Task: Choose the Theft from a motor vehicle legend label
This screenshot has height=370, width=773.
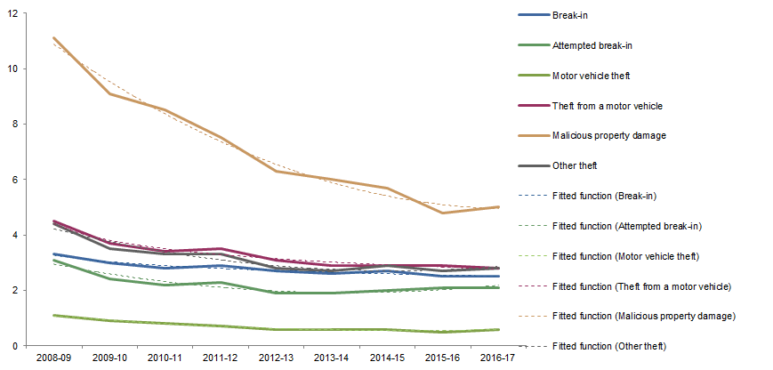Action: tap(607, 106)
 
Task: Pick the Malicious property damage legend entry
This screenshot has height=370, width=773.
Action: tap(608, 136)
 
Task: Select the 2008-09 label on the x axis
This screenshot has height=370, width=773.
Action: tap(53, 358)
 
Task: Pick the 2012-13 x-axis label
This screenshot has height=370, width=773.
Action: tap(278, 358)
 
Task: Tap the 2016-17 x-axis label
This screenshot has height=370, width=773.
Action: tap(499, 358)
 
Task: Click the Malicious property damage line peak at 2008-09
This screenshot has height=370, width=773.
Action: tap(53, 38)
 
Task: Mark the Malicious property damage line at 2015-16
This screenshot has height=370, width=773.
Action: tap(443, 213)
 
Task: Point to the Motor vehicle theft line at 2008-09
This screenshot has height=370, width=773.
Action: tap(53, 315)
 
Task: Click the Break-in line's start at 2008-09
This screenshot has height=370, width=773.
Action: tap(53, 254)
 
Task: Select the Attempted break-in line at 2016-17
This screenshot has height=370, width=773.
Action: tap(499, 287)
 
